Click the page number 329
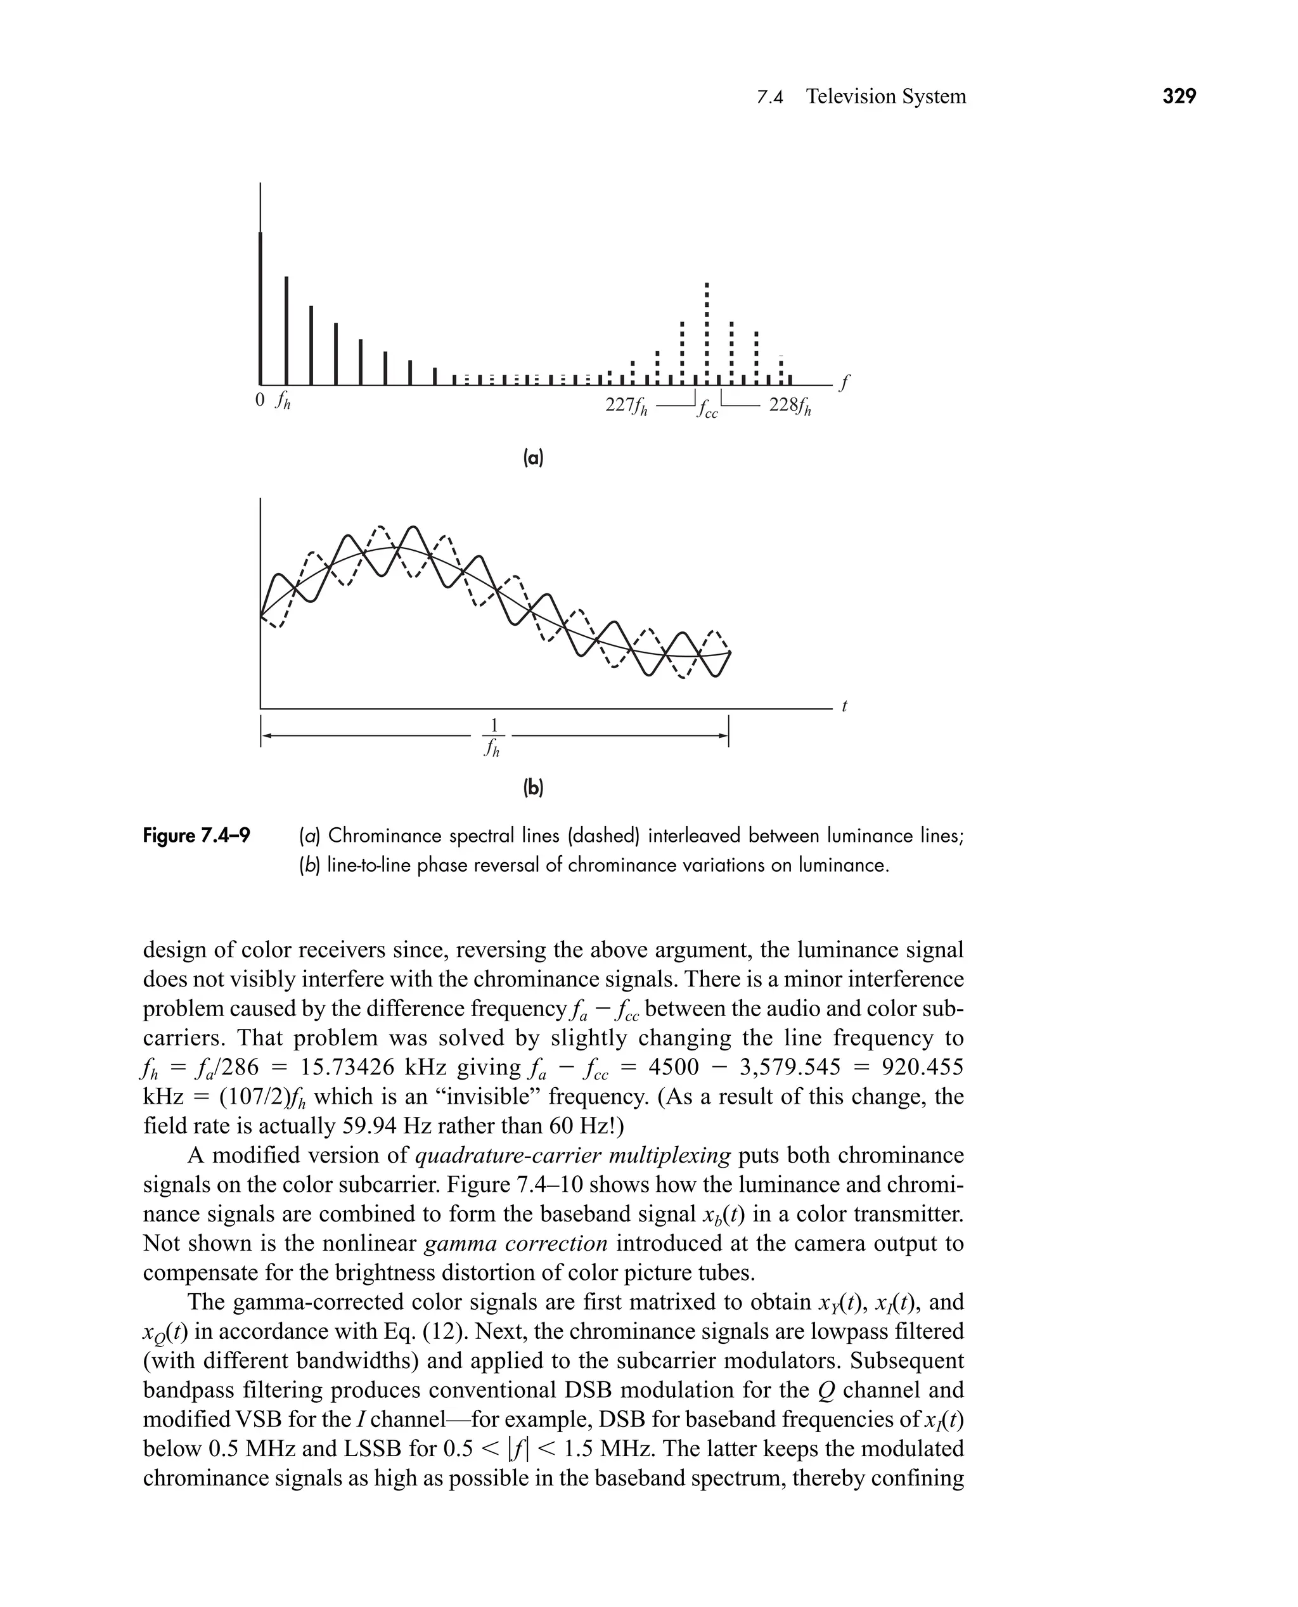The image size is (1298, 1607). pos(1179,96)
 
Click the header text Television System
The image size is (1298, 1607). pos(886,96)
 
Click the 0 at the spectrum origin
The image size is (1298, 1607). pos(259,400)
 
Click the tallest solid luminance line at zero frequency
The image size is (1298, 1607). pos(260,307)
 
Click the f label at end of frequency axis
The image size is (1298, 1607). pos(844,383)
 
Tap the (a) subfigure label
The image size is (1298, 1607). pos(532,458)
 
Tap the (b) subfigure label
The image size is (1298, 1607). pos(532,787)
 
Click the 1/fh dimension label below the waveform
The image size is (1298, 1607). pos(492,737)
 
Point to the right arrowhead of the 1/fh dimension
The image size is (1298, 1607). pos(723,737)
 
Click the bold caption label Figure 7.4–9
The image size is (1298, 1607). pos(196,836)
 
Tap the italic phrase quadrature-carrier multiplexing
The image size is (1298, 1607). pos(572,1156)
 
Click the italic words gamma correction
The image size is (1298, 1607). pos(516,1244)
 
